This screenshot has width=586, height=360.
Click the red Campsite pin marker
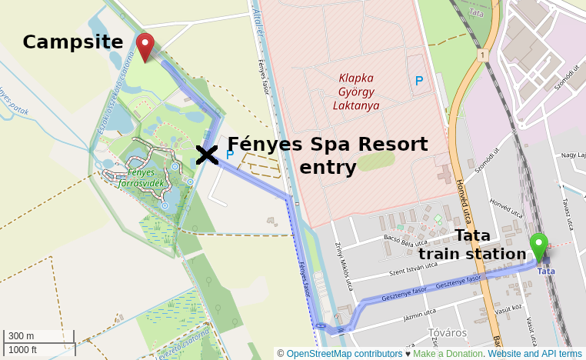tap(145, 45)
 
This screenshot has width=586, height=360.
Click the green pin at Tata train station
tap(538, 245)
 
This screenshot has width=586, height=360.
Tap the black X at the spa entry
tap(206, 155)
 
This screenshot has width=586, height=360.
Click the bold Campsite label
tap(72, 42)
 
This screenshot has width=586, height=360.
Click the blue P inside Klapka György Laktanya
tap(419, 81)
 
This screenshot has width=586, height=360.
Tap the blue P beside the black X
tap(229, 155)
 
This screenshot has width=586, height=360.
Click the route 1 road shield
tap(482, 55)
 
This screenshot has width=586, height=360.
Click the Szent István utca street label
tap(413, 269)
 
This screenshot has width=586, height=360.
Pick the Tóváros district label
tap(447, 333)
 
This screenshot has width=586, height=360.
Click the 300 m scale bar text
tap(21, 336)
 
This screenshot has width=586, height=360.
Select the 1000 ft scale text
tap(23, 349)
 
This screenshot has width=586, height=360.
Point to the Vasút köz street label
tap(509, 308)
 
